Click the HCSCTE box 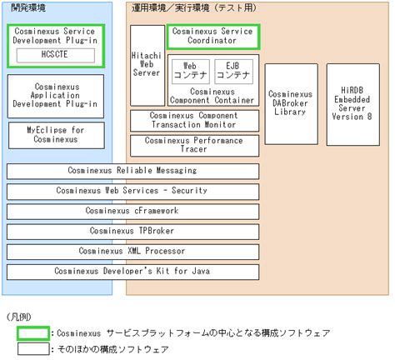(x=56, y=55)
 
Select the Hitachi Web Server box (x=147, y=66)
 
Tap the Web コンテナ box (x=191, y=72)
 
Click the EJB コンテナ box (x=233, y=72)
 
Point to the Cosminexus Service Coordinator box (x=213, y=37)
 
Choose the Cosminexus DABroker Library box (x=291, y=104)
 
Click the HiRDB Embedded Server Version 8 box (x=353, y=104)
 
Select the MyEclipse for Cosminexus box (x=57, y=135)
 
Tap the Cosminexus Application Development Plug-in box (x=56, y=96)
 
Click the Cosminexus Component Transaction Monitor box (x=194, y=121)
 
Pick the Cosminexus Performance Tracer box (x=194, y=146)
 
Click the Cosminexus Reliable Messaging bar (x=132, y=171)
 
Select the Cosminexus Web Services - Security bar (x=132, y=192)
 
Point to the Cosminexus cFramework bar (x=132, y=212)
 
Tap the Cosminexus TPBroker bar (x=132, y=232)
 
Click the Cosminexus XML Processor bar (x=132, y=252)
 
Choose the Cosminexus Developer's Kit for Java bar (x=132, y=272)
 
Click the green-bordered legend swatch (x=33, y=333)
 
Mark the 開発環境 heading (x=28, y=7)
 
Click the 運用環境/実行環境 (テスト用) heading (x=194, y=7)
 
